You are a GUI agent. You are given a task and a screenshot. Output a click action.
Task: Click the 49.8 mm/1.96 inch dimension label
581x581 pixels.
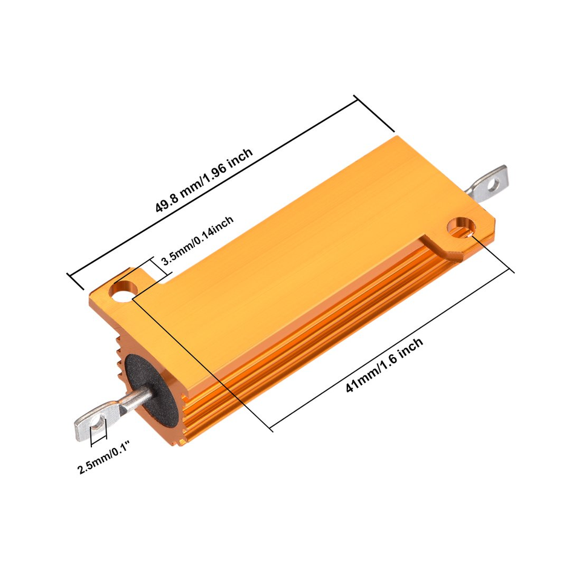click(204, 180)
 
